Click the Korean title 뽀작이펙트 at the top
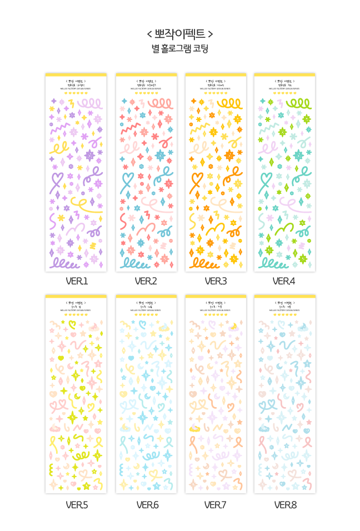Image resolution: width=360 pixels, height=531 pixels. click(180, 33)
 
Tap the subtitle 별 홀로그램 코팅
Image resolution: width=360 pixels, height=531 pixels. click(180, 48)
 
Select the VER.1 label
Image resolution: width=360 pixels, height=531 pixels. click(77, 281)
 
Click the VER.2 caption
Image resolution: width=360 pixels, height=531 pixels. click(146, 281)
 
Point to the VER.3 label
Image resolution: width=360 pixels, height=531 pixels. click(216, 281)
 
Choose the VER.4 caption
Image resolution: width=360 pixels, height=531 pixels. click(284, 281)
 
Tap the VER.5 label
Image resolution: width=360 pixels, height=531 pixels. click(77, 505)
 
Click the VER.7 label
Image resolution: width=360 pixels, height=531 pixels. click(216, 505)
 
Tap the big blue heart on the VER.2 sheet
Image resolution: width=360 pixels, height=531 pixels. click(127, 181)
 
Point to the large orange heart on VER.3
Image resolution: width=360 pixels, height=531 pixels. click(196, 181)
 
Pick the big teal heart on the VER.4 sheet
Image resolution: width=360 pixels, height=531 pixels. click(265, 181)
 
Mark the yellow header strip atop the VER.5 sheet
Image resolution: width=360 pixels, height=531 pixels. click(76, 297)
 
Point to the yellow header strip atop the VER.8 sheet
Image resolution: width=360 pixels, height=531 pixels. click(284, 297)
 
